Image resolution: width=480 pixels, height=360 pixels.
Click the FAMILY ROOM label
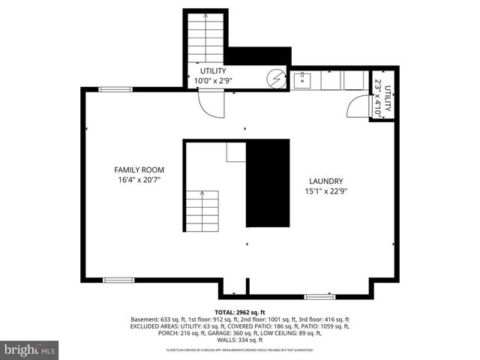[x=139, y=169]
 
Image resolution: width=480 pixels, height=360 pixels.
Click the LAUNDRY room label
[x=326, y=181]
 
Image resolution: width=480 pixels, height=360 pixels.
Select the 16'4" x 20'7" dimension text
[x=139, y=180]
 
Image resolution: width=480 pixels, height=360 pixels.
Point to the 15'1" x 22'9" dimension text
[x=326, y=191]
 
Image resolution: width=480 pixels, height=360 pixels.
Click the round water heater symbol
[x=277, y=77]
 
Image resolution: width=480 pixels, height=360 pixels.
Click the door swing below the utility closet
[x=208, y=104]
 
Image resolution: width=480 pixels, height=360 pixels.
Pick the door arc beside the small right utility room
[x=354, y=108]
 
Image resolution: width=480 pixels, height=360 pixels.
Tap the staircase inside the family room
[x=202, y=212]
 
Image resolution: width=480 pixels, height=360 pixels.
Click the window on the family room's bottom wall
[x=118, y=280]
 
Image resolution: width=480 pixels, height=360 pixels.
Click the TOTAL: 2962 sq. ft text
[x=240, y=311]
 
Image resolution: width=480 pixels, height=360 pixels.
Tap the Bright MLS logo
[x=30, y=349]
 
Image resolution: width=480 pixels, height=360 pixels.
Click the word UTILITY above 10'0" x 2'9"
[x=213, y=70]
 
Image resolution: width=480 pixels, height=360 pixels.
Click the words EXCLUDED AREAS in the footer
[x=154, y=326]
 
